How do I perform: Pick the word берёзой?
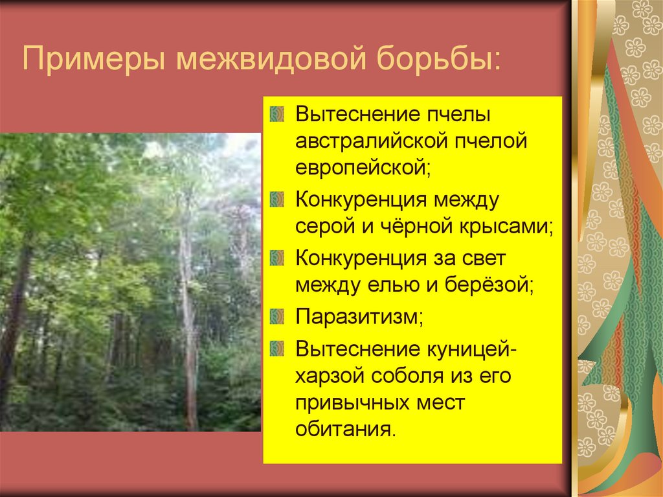485,285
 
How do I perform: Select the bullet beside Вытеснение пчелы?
277,115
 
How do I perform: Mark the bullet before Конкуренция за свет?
277,257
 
